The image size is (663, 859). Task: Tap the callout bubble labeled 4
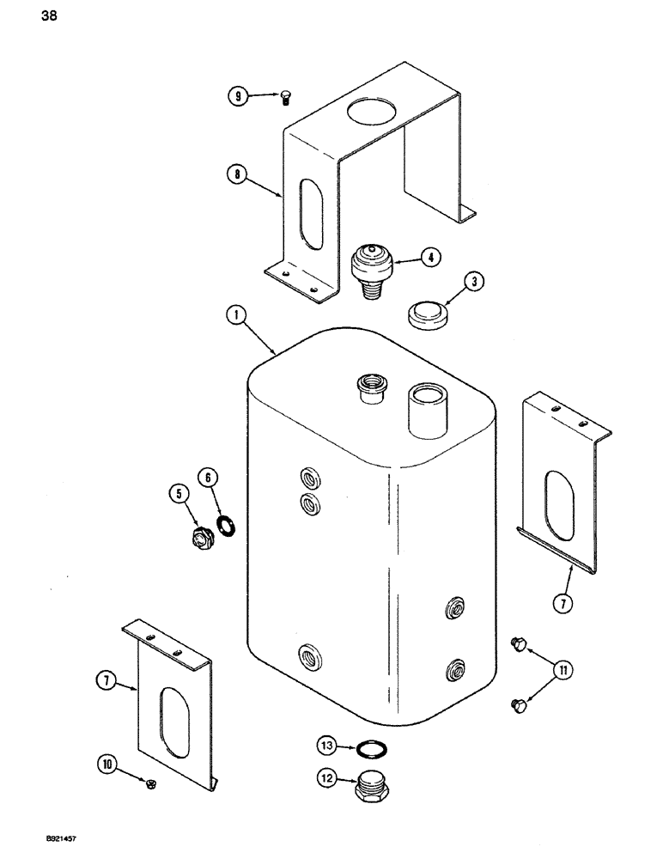(429, 255)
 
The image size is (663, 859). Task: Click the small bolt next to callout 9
(286, 99)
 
